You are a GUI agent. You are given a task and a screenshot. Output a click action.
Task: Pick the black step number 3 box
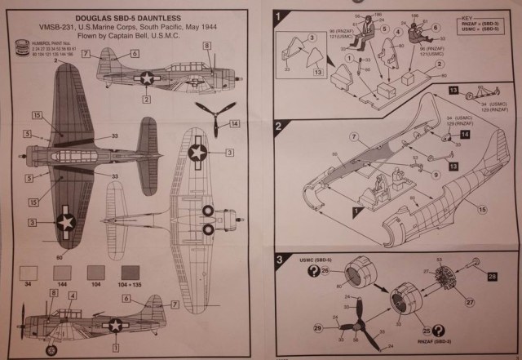click(279, 260)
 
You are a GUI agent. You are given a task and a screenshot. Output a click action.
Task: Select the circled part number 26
click(325, 270)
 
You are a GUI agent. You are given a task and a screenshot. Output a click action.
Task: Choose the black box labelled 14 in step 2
click(464, 133)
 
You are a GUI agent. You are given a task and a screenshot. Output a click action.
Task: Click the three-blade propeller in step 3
click(353, 326)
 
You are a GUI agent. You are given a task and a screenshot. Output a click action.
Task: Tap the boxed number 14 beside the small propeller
click(235, 124)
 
